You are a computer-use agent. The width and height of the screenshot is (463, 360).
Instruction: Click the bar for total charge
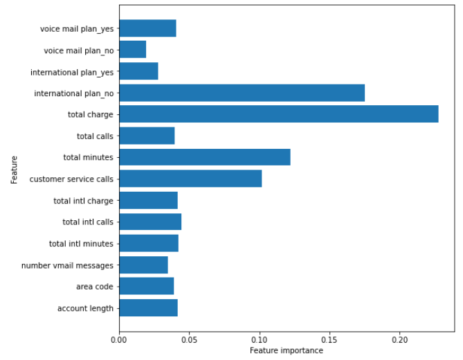point(278,114)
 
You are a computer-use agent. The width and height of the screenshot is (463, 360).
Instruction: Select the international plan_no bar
point(242,93)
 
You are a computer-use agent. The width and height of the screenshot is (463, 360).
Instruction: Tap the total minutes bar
point(204,157)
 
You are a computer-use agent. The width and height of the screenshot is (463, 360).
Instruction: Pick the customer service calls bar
point(190,179)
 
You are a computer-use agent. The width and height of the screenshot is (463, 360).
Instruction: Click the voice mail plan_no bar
point(132,50)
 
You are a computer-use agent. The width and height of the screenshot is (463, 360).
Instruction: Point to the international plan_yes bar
point(138,71)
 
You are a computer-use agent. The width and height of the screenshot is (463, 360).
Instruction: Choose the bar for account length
point(148,308)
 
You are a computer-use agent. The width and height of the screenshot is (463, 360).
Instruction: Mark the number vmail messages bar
point(143,265)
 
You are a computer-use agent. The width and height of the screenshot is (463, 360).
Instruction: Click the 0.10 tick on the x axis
point(260,339)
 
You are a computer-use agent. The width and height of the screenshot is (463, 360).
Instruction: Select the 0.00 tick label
point(119,339)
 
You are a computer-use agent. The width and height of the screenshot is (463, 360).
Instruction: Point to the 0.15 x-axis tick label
point(329,339)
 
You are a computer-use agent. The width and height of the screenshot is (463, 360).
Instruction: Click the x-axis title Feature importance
point(287,351)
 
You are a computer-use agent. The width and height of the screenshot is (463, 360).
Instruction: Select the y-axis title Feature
point(15,169)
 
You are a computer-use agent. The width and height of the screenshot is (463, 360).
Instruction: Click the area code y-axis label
point(94,287)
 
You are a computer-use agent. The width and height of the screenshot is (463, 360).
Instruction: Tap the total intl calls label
point(88,222)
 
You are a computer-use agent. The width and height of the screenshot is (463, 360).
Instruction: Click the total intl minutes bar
point(149,244)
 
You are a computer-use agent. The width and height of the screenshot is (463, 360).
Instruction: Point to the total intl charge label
point(83,201)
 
